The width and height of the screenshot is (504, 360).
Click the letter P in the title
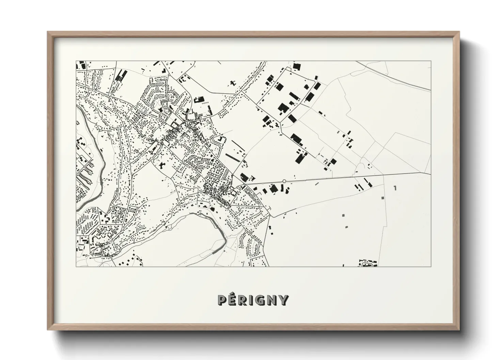222,300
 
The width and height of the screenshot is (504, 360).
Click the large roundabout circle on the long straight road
284,181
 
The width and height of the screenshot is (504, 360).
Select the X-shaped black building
162,165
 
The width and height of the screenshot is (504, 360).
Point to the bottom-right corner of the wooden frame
459,330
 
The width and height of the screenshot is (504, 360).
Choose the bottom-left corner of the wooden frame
48,330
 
